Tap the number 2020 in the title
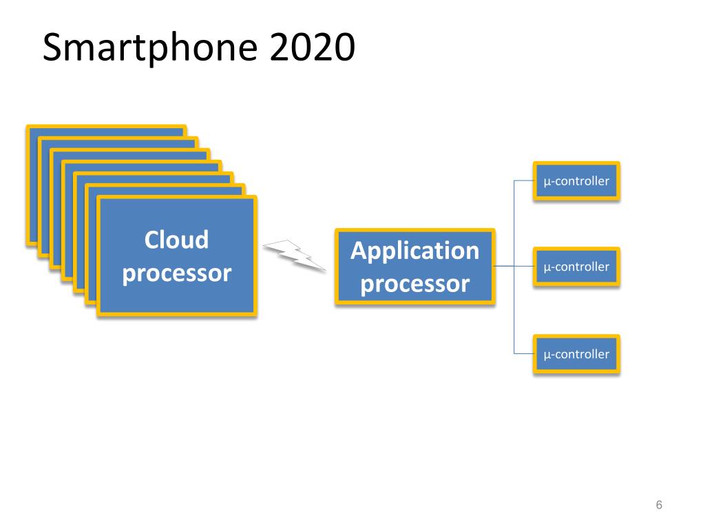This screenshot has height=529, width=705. pos(313,48)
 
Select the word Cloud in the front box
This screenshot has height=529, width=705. pos(177,239)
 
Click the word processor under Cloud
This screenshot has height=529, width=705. pos(177,273)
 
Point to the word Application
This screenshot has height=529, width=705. pos(415,251)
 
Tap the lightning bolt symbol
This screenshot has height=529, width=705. pos(295,256)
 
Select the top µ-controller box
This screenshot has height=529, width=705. pos(576,181)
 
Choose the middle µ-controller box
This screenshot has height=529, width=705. pos(576,267)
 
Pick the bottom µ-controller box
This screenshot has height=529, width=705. pos(576,354)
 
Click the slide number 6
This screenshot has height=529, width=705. pos(659,505)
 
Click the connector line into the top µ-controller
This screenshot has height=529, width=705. pos(524,181)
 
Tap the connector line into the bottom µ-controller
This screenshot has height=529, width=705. pos(524,354)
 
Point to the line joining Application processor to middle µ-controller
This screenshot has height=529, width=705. pos(514,267)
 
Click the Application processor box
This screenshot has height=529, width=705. pos(415,267)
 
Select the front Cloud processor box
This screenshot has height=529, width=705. pos(177,256)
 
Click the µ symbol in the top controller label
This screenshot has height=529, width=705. pos(547,182)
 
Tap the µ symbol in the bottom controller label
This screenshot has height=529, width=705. pos(547,355)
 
